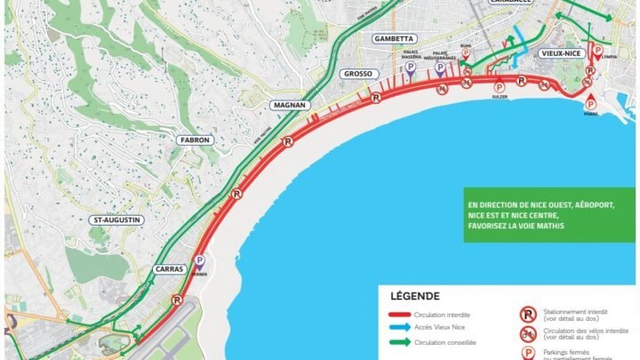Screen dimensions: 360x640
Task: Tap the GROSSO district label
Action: (x=358, y=74)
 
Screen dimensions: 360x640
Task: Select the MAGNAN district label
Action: (x=291, y=105)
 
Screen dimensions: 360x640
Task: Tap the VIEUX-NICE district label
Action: (x=561, y=53)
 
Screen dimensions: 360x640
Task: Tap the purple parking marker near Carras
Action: (x=199, y=261)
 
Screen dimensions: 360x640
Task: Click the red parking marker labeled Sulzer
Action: (x=499, y=86)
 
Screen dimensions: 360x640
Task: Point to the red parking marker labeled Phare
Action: (x=587, y=95)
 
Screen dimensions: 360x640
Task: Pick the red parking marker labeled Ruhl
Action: (x=464, y=59)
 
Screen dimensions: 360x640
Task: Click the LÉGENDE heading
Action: (x=414, y=296)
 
